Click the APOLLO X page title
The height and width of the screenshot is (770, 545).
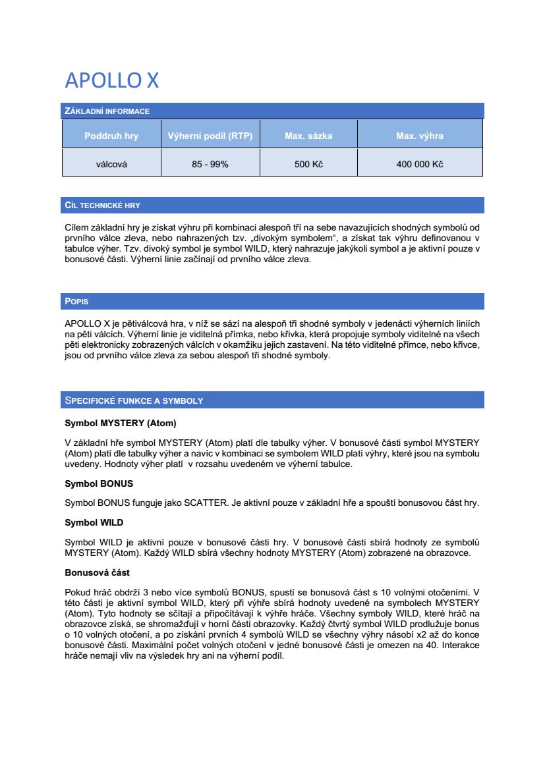pyautogui.click(x=111, y=80)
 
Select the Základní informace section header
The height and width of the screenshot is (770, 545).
pyautogui.click(x=107, y=111)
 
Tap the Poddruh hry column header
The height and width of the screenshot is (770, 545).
pyautogui.click(x=111, y=136)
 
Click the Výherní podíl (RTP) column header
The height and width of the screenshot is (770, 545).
pyautogui.click(x=210, y=136)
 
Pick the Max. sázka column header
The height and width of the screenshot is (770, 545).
pyautogui.click(x=308, y=136)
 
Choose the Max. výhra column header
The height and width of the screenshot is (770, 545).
pyautogui.click(x=420, y=136)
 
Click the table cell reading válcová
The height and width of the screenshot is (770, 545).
pyautogui.click(x=111, y=164)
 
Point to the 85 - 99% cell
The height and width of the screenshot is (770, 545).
pyautogui.click(x=210, y=164)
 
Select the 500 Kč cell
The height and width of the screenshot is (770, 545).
pyautogui.click(x=308, y=164)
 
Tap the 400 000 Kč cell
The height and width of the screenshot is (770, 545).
pyautogui.click(x=420, y=164)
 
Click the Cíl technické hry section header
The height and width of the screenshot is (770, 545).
pyautogui.click(x=102, y=206)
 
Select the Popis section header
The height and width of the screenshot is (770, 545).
pyautogui.click(x=76, y=302)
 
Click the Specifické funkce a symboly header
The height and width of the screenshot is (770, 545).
pyautogui.click(x=134, y=400)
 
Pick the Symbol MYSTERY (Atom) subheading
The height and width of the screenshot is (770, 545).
pyautogui.click(x=120, y=423)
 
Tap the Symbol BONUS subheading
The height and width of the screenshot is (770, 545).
pyautogui.click(x=99, y=483)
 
